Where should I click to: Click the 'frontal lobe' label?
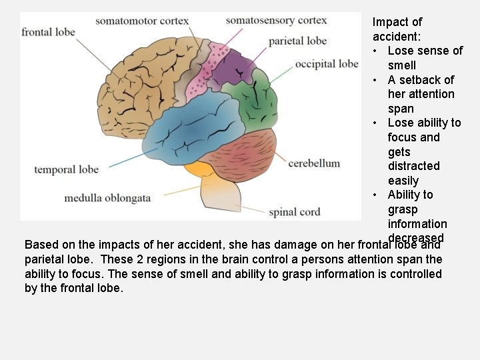point(48,32)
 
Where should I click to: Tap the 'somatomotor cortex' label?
point(142,21)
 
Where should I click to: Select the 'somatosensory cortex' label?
point(276,20)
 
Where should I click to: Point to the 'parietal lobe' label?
point(297,41)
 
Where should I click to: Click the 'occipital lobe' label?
point(327,64)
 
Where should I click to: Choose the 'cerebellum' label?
point(314,163)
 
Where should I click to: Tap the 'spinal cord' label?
point(295,213)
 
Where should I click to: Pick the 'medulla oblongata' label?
point(107,198)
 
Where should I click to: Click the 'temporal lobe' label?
point(67,169)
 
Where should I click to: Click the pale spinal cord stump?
point(219,197)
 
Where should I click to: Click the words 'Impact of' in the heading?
point(397,22)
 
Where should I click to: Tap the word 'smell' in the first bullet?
point(402,65)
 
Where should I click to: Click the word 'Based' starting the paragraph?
point(40,245)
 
